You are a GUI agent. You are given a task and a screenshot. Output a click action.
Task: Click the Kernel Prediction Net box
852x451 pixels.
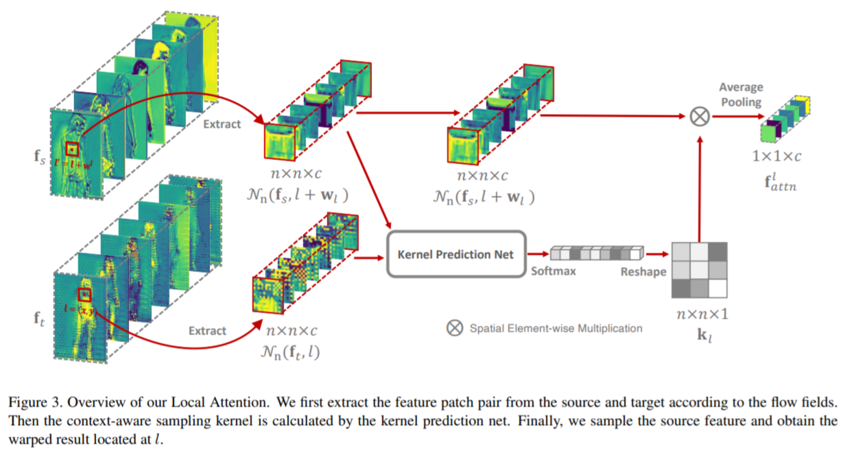[456, 254]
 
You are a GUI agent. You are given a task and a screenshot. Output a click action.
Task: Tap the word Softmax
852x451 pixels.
[553, 271]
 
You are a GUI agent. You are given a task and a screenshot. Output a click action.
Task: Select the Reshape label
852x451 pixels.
[643, 272]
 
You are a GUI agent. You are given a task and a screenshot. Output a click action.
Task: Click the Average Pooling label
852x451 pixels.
[740, 95]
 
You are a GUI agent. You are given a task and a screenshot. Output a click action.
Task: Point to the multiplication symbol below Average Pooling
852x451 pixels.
[699, 117]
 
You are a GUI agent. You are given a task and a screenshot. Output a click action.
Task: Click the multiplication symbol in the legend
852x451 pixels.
[454, 328]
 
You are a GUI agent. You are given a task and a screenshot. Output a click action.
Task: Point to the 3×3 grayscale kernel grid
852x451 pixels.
[699, 270]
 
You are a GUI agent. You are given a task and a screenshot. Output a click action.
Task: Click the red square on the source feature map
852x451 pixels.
[73, 149]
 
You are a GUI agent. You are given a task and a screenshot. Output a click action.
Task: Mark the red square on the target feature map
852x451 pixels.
[84, 295]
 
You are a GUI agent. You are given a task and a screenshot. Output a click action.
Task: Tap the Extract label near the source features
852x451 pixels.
[222, 124]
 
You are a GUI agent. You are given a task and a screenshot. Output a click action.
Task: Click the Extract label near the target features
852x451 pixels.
[207, 331]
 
